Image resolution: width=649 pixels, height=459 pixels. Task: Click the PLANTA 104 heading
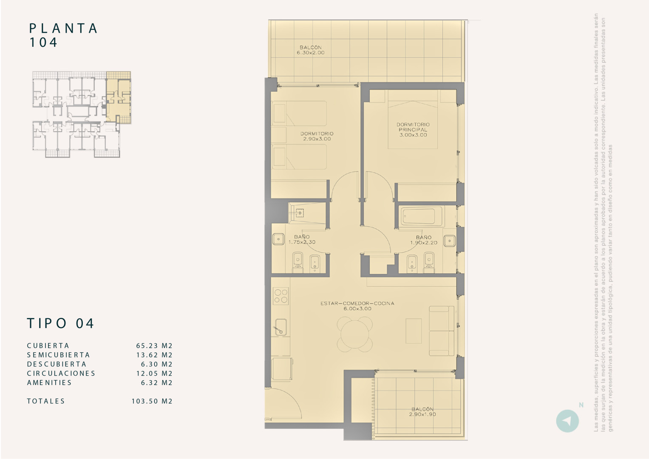tap(63, 35)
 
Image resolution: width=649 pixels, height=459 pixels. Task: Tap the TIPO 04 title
tap(60, 323)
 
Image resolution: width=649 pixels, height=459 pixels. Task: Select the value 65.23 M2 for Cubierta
tap(154, 346)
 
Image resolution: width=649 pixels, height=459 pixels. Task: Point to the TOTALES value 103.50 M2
tap(152, 401)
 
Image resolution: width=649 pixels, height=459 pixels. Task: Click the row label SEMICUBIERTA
tap(58, 355)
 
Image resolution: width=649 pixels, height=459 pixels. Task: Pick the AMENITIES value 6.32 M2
tap(156, 382)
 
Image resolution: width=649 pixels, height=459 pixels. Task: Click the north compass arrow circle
tap(567, 421)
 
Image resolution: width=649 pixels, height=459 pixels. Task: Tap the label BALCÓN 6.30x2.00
tap(310, 50)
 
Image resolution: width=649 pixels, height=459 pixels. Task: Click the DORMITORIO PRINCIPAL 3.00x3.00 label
tap(413, 130)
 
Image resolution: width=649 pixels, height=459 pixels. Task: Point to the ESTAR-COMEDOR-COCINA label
tap(357, 306)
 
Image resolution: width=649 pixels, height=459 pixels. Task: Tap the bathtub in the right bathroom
tap(422, 217)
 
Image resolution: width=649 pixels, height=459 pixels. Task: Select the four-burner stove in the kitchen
tap(281, 296)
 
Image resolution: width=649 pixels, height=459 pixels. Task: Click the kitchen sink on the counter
tap(280, 327)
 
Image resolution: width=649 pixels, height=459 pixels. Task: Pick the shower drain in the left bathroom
tap(300, 213)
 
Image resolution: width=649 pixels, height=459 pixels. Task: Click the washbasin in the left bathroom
tap(278, 239)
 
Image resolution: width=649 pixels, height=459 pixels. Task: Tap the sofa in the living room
tap(442, 331)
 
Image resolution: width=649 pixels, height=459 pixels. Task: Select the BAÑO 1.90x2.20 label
tap(423, 240)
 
